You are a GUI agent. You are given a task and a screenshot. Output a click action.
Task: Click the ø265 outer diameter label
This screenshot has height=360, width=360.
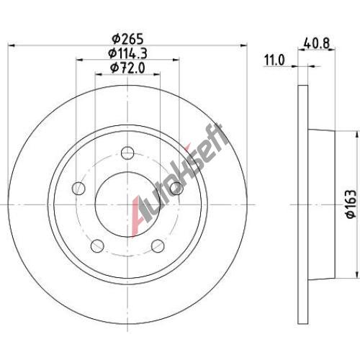(x=127, y=38)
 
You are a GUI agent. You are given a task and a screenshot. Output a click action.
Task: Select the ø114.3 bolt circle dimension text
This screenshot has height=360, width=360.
(x=127, y=53)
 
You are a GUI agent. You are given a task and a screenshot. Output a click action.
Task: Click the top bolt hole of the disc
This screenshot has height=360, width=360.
(x=127, y=153)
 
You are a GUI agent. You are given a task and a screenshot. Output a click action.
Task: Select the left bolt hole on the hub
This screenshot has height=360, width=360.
(x=78, y=188)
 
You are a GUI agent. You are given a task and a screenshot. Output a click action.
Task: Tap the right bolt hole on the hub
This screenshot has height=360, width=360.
(x=176, y=188)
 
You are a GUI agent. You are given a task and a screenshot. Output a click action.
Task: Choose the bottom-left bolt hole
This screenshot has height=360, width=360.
(x=97, y=246)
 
